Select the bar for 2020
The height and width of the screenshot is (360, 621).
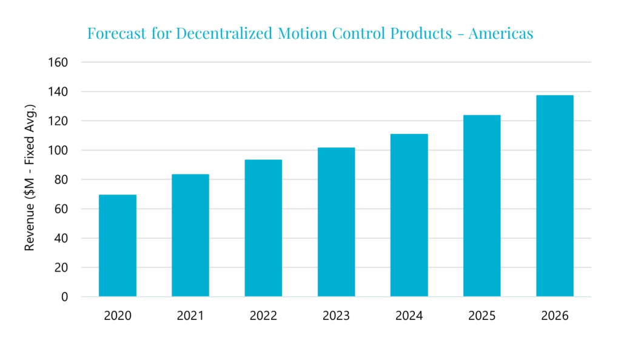(118, 245)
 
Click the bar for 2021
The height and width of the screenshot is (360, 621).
(190, 235)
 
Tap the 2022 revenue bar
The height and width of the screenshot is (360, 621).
(263, 228)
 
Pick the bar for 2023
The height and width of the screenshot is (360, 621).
(336, 222)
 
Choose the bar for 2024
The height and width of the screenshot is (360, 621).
(409, 215)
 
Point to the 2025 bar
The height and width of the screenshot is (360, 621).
(482, 205)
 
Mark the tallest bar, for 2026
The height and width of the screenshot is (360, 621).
(554, 196)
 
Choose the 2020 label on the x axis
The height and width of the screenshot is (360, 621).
(118, 316)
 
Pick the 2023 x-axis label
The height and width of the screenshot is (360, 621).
(336, 316)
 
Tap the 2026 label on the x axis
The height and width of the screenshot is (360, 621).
(554, 316)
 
